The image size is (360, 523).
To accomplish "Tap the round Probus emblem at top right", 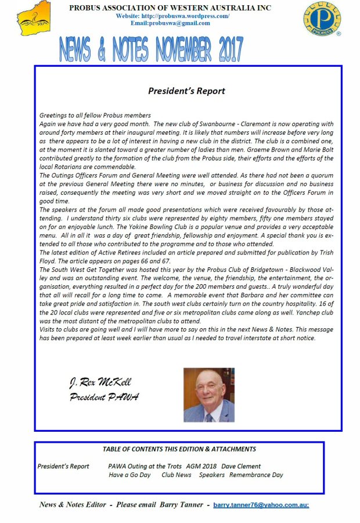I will [322, 19].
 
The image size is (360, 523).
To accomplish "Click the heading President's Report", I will [186, 91].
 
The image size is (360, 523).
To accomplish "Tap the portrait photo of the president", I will [209, 395].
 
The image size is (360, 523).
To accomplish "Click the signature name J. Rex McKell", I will [100, 382].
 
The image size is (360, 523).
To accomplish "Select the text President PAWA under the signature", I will [104, 397].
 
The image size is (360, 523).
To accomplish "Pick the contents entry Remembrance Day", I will [256, 475].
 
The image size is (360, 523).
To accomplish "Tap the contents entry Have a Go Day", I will [129, 475].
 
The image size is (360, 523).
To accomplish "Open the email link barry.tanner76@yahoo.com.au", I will [261, 505].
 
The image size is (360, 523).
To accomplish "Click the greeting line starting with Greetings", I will [95, 116].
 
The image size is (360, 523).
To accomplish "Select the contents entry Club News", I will [177, 475].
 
